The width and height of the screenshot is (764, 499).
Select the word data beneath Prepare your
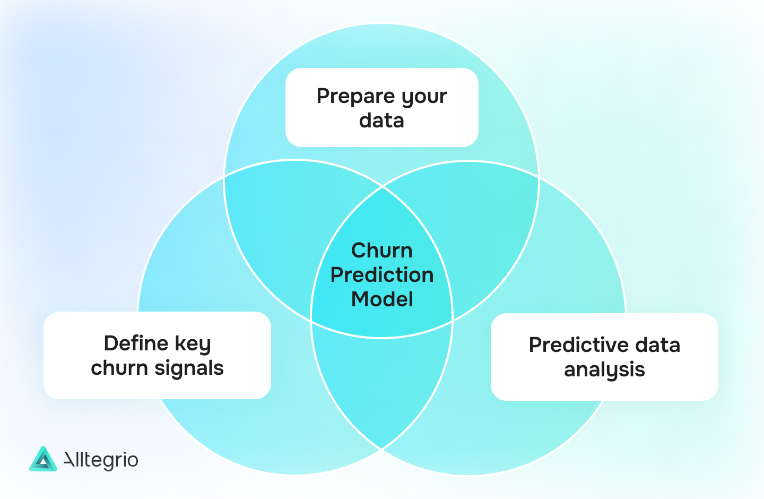coord(381,121)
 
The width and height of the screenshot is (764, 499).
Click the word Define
coord(136,343)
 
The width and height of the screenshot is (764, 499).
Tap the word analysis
coord(604,370)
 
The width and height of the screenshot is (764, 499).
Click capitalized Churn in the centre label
coord(382,251)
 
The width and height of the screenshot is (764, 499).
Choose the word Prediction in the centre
coord(382,275)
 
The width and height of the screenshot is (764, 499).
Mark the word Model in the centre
coord(382,299)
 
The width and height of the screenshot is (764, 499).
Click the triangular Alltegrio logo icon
coord(43,459)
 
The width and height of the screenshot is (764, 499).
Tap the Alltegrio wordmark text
coord(101,460)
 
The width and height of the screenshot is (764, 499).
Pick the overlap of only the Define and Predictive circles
coord(382,388)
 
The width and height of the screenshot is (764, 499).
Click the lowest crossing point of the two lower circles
coord(382,449)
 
